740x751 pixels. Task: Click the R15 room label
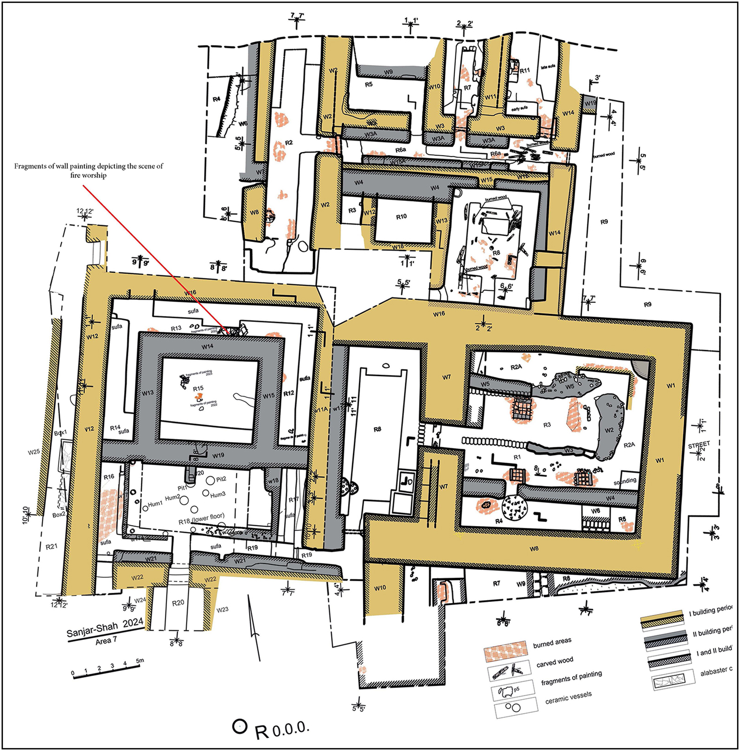[198, 388]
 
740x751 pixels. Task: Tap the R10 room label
[401, 217]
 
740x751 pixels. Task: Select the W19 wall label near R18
[218, 456]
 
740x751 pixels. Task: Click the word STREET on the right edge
[699, 444]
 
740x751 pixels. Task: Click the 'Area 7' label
[106, 641]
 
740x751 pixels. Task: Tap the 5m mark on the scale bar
[140, 661]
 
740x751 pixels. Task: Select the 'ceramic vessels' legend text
[568, 698]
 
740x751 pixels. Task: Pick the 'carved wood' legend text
[555, 662]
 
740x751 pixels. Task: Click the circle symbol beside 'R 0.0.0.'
[239, 726]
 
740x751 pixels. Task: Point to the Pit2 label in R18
[221, 479]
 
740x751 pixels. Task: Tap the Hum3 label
[218, 495]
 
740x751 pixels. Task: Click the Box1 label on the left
[60, 433]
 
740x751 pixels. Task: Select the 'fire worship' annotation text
[88, 175]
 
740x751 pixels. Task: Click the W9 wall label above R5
[388, 72]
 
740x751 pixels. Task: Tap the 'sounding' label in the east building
[625, 481]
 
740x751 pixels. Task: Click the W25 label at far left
[34, 452]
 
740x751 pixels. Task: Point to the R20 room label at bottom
[178, 603]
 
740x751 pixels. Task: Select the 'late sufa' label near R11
[548, 67]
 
